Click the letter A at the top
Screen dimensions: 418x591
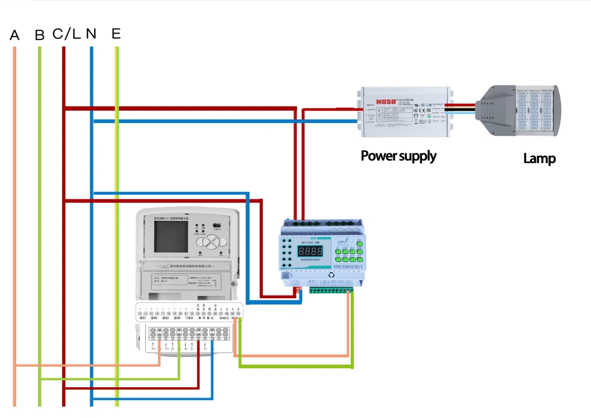pos(15,36)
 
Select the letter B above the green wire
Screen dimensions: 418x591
pos(39,36)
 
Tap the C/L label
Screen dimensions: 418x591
pos(66,34)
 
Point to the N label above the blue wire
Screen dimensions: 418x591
pos(91,34)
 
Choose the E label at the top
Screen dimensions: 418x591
pos(116,34)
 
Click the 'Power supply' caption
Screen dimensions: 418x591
pos(398,156)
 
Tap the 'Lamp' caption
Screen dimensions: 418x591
pos(539,159)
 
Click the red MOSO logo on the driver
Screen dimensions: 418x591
pos(386,101)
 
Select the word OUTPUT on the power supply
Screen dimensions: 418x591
pos(437,105)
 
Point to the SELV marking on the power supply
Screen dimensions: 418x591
pos(423,123)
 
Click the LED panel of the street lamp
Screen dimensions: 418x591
pos(534,111)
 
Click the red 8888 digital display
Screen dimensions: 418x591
pos(311,252)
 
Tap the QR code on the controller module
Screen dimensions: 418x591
pos(286,273)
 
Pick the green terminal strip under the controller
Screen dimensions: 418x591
pos(330,290)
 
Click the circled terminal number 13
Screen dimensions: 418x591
pos(140,314)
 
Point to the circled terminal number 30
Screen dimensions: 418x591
pos(238,314)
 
